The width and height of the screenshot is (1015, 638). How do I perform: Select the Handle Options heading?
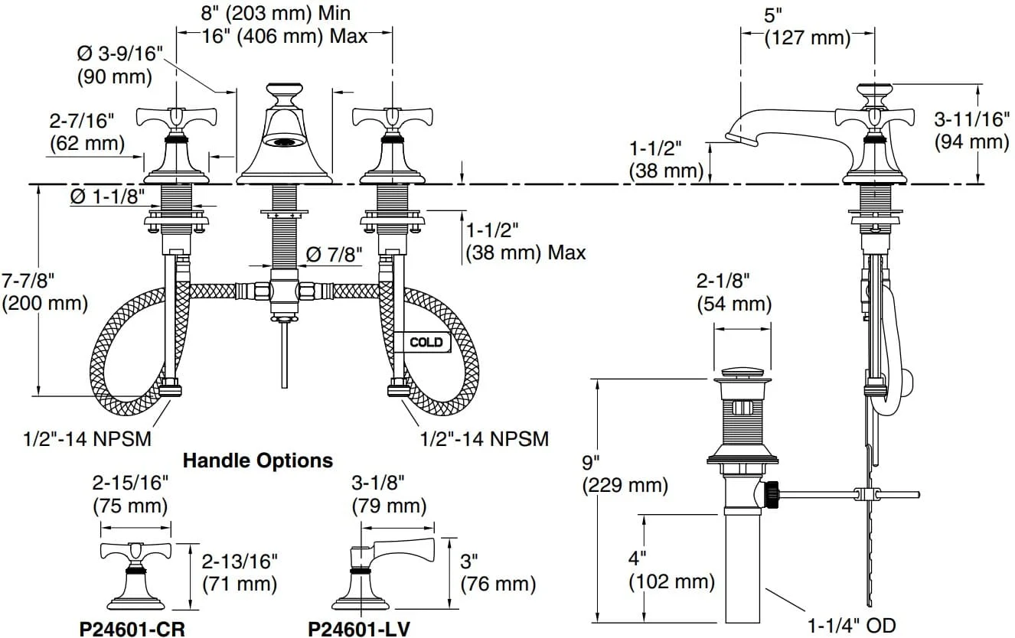258,461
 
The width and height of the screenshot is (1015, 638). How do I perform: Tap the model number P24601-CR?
132,629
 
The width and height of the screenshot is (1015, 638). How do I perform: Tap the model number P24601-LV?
359,629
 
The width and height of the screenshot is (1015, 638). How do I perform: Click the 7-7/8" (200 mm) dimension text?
44,292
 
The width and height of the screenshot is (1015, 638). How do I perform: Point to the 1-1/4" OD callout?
852,626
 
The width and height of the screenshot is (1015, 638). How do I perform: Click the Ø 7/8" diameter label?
335,255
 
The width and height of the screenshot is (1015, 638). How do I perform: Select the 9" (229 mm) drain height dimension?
625,474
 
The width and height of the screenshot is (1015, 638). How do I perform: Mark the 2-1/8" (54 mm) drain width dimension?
734,292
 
